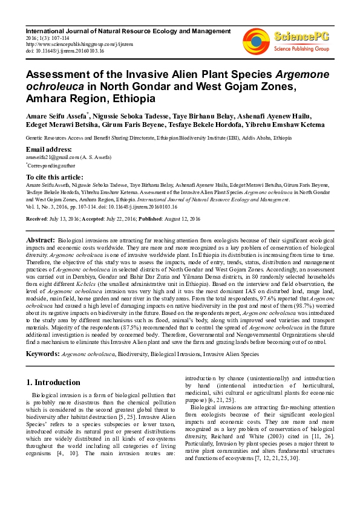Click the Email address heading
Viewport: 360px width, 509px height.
[49, 149]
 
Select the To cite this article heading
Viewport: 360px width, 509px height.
[55, 176]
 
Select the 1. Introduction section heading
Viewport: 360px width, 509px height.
[54, 382]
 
